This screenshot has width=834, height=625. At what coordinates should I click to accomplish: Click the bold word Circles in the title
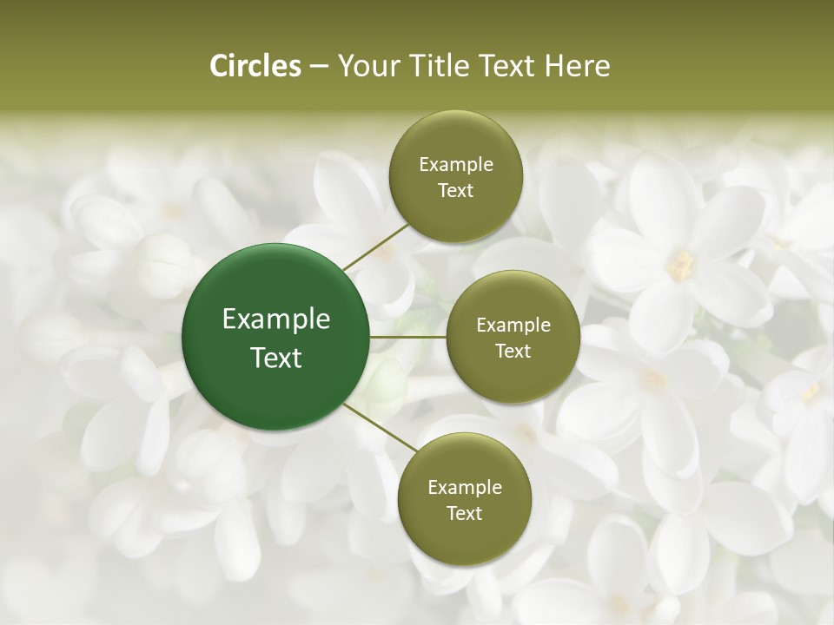(255, 66)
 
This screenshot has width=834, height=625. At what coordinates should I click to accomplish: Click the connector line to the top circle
(375, 245)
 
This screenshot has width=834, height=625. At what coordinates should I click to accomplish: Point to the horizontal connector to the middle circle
(408, 337)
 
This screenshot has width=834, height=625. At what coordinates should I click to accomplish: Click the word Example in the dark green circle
(276, 319)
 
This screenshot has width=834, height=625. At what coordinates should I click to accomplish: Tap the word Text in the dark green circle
(276, 358)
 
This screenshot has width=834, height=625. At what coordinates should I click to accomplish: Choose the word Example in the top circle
(456, 165)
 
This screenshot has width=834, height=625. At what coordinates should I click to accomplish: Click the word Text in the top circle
(456, 190)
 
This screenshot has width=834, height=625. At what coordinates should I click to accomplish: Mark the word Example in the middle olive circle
(513, 326)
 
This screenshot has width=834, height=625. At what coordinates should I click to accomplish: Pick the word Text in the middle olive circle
(513, 351)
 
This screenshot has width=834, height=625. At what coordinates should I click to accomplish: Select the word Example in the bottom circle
(465, 488)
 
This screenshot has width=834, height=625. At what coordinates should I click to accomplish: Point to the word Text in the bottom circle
(465, 513)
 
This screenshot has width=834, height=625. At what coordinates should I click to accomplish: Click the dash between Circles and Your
(319, 66)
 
